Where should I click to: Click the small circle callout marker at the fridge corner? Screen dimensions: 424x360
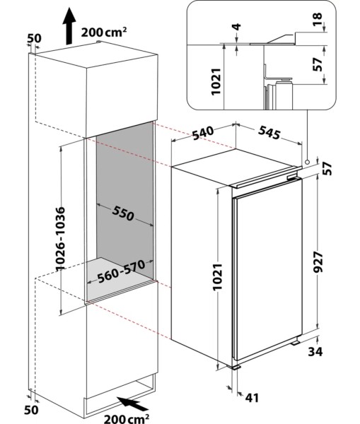[308, 163]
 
